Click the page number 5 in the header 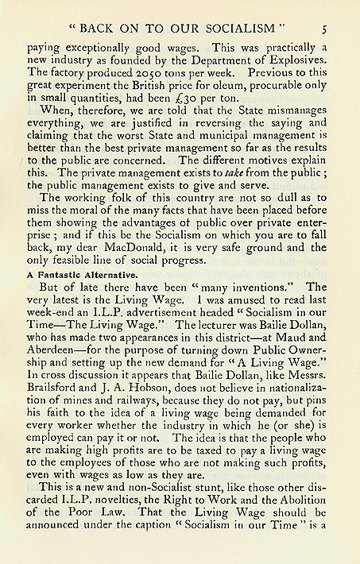coord(326,29)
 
